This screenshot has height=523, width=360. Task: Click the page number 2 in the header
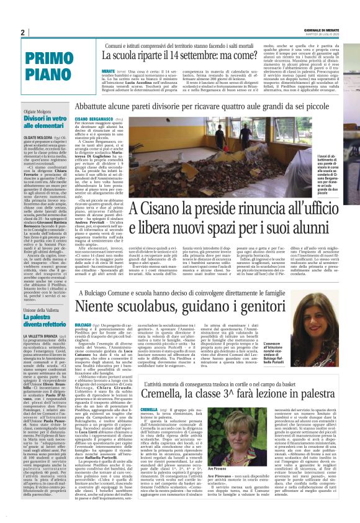[22, 32]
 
